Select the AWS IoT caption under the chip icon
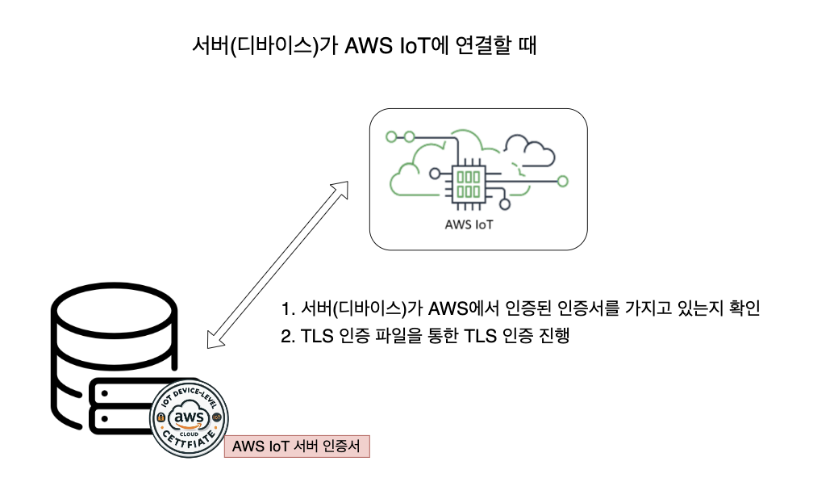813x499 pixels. tap(469, 224)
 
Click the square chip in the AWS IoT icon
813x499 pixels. tap(469, 182)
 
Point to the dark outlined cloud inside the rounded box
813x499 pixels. tap(528, 150)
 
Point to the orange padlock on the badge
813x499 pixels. tap(161, 417)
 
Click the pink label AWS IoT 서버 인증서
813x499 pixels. tap(296, 446)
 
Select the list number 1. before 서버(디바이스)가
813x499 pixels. tap(289, 309)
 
